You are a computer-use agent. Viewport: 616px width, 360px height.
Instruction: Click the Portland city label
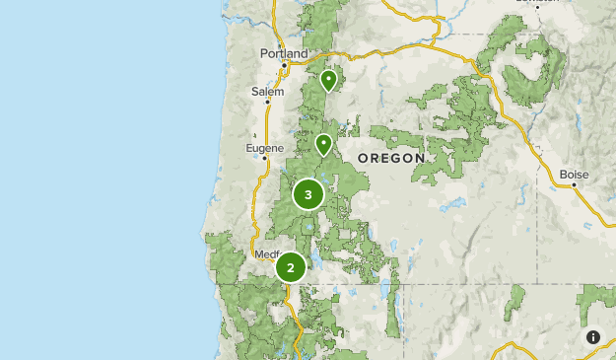click(x=284, y=53)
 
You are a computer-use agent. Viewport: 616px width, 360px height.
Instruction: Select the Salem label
click(x=267, y=91)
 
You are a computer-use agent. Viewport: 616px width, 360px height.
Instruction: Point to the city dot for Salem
click(x=267, y=102)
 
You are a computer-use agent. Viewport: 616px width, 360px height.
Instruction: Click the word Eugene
click(x=263, y=148)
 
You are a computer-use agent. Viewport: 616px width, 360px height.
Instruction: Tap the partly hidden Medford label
click(x=266, y=253)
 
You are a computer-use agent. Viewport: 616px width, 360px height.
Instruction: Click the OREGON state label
click(x=391, y=158)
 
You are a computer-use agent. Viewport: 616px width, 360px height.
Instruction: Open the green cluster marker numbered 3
click(x=308, y=194)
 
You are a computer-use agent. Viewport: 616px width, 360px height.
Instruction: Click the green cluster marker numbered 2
click(x=291, y=267)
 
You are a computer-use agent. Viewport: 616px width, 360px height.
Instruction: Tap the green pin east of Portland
click(x=328, y=80)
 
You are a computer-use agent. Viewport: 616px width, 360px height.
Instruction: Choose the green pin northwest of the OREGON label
click(x=323, y=145)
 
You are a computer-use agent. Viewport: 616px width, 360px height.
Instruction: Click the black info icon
click(x=593, y=337)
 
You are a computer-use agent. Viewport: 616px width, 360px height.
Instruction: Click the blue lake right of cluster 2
click(x=314, y=264)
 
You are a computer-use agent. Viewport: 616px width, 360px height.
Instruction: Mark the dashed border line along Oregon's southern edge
click(x=444, y=284)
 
